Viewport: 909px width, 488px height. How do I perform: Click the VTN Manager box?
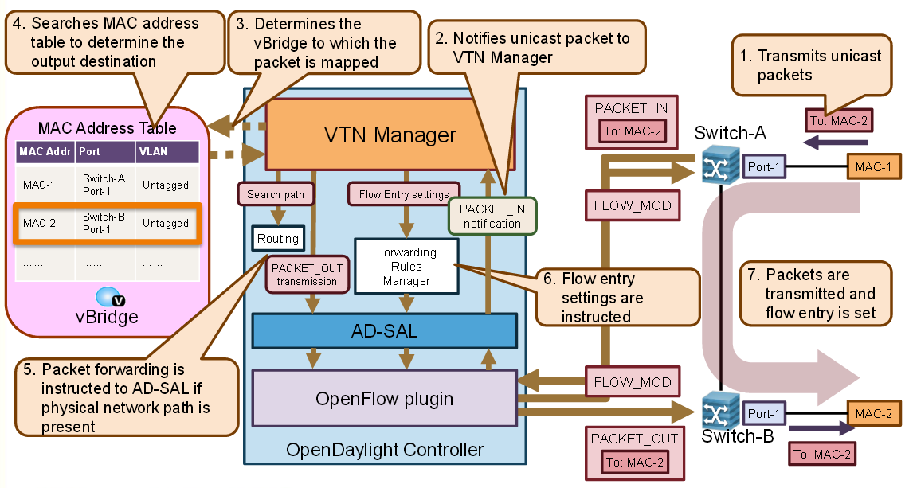pos(390,135)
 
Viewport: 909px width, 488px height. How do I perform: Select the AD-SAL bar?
pos(384,331)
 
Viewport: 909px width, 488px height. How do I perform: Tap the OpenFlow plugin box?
pos(384,397)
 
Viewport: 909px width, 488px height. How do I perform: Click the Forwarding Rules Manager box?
pos(406,266)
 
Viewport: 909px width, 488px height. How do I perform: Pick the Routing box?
pos(277,237)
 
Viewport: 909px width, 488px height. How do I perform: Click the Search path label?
pos(275,194)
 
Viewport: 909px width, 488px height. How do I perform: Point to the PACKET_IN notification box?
pos(492,216)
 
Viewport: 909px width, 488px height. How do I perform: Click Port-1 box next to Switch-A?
pos(762,167)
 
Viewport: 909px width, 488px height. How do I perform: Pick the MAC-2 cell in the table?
pos(39,223)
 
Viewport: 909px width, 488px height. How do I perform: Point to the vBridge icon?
pos(110,298)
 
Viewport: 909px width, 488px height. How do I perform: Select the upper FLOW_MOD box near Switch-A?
pos(633,205)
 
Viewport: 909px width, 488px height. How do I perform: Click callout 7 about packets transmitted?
pos(808,295)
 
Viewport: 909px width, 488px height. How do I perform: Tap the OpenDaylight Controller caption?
pos(385,450)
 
